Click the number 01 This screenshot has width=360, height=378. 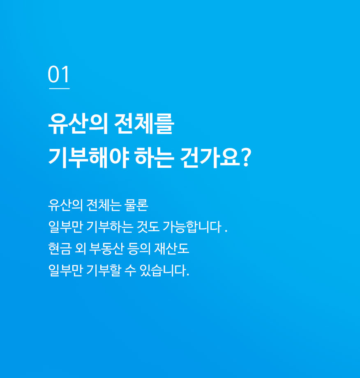pyautogui.click(x=59, y=74)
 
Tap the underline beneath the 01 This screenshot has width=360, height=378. pyautogui.click(x=59, y=88)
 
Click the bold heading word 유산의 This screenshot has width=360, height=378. pyautogui.click(x=78, y=124)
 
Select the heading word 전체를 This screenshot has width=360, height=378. pyautogui.click(x=144, y=124)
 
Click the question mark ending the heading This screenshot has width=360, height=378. pyautogui.click(x=246, y=157)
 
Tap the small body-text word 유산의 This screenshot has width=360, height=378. pyautogui.click(x=65, y=205)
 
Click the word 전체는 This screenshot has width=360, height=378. pyautogui.click(x=104, y=205)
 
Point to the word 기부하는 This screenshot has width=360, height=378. pyautogui.click(x=110, y=227)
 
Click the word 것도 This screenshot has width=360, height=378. pyautogui.click(x=148, y=227)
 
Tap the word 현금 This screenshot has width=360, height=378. pyautogui.click(x=60, y=248)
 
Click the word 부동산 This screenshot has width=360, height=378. pyautogui.click(x=106, y=248)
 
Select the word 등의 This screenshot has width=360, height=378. pyautogui.click(x=139, y=248)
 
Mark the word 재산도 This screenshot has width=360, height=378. pyautogui.click(x=171, y=248)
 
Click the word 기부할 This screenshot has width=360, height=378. pyautogui.click(x=104, y=270)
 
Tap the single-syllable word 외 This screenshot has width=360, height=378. pyautogui.click(x=80, y=248)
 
